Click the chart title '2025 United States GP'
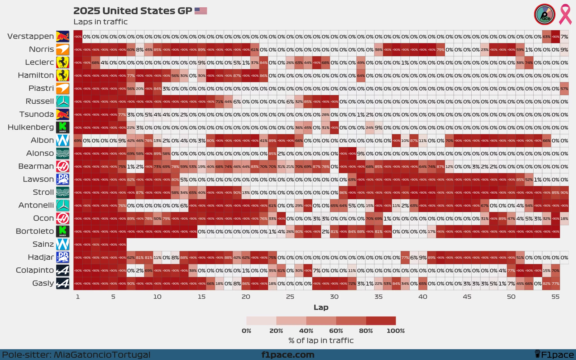133,11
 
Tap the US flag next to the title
201,11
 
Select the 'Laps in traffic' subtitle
100,22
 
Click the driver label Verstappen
31,36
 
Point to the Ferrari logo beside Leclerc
62,62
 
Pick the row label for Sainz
43,244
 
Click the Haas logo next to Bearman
62,166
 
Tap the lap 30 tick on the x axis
334,297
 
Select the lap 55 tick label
555,297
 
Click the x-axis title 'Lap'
321,307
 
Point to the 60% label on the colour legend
336,331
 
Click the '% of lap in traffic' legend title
321,340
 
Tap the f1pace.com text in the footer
288,355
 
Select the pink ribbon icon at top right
565,14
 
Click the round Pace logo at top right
545,14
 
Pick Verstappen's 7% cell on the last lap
564,37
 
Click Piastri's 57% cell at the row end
564,89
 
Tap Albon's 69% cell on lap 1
78,141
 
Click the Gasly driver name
43,283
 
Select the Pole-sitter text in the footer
76,355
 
